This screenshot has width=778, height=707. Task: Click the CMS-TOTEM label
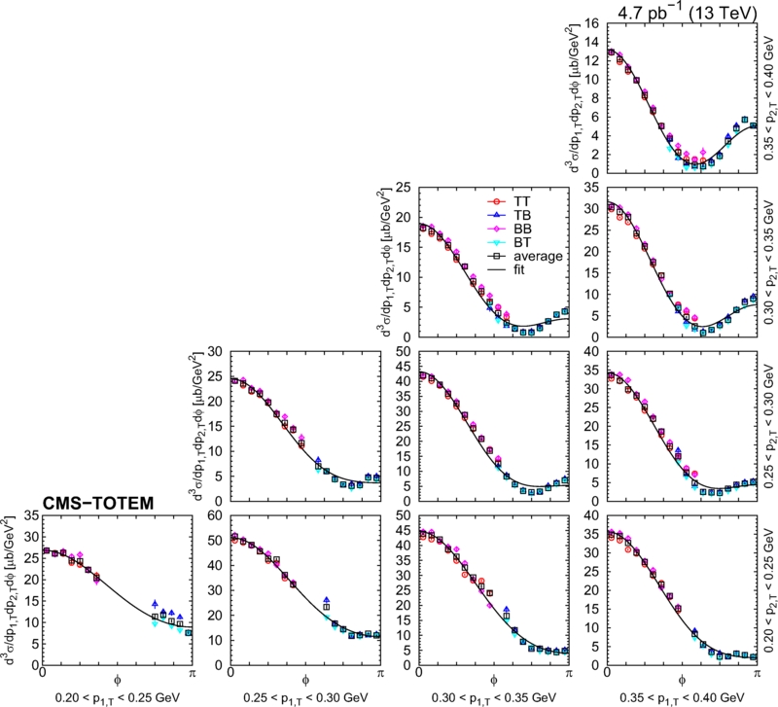click(x=98, y=503)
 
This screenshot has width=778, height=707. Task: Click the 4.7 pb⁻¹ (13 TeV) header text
click(x=688, y=12)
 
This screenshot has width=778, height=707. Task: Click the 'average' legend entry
click(x=524, y=256)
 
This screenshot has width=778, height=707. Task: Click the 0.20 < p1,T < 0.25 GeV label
click(x=117, y=697)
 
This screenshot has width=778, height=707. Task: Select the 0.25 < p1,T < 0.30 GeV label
click(x=305, y=697)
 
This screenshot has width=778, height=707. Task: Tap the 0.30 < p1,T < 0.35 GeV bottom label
click(x=494, y=697)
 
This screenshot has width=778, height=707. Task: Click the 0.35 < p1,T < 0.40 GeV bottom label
click(x=682, y=697)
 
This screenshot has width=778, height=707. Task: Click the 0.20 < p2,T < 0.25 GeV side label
click(x=768, y=590)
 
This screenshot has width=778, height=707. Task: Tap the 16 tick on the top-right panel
click(x=592, y=23)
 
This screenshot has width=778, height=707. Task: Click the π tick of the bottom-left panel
click(x=192, y=673)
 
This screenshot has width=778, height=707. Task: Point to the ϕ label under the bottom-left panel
click(x=117, y=681)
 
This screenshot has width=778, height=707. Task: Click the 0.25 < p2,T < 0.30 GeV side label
click(x=768, y=426)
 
